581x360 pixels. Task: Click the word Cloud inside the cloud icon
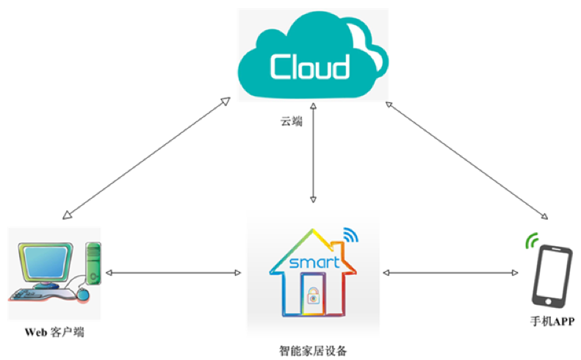[309, 67]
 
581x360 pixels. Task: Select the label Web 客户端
[54, 332]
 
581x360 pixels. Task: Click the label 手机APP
[552, 321]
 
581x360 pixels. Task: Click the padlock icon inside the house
[314, 298]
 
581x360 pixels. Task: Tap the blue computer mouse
[84, 295]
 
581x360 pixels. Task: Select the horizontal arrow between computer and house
[173, 273]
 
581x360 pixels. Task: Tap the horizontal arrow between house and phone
[450, 273]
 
